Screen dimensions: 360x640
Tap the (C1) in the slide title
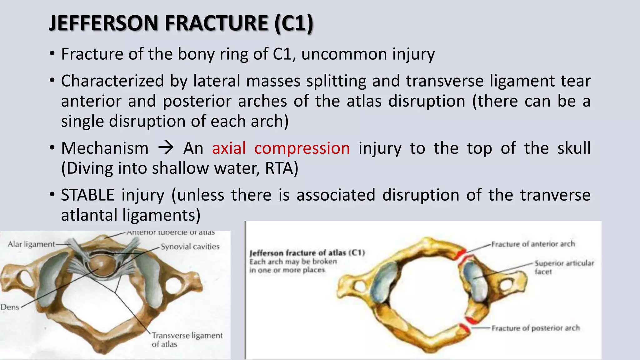click(294, 23)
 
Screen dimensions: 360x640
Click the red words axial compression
click(281, 148)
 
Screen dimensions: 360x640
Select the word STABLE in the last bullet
click(87, 195)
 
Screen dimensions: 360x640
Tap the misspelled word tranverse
click(555, 195)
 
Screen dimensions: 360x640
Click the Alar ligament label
click(31, 244)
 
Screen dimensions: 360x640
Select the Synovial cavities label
click(190, 247)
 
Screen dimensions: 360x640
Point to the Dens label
click(10, 307)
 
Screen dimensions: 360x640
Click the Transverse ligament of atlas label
click(187, 340)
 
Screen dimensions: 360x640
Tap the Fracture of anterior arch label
click(533, 244)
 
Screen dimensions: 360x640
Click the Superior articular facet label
click(564, 267)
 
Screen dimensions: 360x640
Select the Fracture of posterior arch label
click(536, 328)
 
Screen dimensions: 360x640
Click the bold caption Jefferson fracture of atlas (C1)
click(307, 253)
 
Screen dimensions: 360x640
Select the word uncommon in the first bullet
click(343, 54)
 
